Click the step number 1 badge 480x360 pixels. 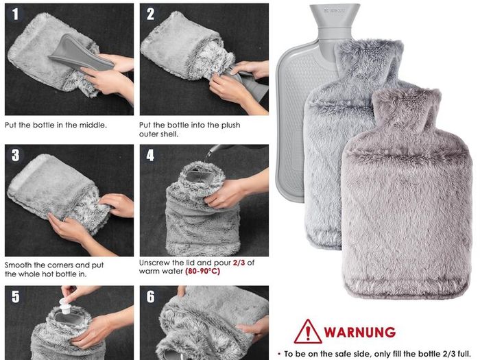tap(15, 14)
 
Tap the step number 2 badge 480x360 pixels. tap(150, 14)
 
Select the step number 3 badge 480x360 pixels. tap(15, 155)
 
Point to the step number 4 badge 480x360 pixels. tap(150, 155)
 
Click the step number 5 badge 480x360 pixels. tap(15, 297)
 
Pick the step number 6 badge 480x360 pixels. tap(150, 297)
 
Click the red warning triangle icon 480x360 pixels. tap(308, 332)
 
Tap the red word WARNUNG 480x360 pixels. tap(360, 332)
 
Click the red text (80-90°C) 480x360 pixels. tap(202, 272)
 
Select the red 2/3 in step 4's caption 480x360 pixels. tap(239, 263)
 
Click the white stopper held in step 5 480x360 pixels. tap(64, 306)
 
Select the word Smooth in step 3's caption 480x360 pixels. tap(18, 265)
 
